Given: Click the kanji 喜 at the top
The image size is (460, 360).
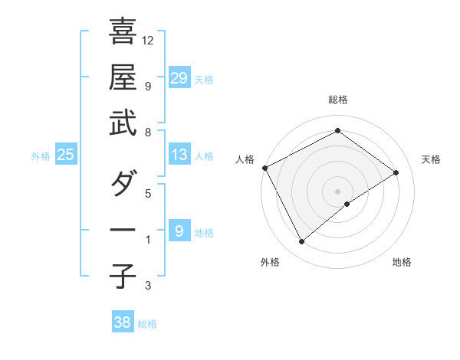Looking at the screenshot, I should point(123,32).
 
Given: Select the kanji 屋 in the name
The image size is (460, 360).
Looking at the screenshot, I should point(123,77).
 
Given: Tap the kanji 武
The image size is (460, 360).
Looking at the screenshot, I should point(123,124).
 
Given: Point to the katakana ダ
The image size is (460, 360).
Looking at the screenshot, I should point(123,184).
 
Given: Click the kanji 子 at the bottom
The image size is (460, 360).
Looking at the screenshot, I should point(123,276).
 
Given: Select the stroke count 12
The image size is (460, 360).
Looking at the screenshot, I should point(149,40).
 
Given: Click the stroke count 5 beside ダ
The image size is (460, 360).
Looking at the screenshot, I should point(149,193).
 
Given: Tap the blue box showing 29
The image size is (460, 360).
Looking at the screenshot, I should point(179,77).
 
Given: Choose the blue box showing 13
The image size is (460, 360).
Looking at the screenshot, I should point(179,155).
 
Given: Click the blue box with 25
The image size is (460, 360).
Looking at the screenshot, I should point(65,155).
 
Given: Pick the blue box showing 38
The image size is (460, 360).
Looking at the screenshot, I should point(122,322).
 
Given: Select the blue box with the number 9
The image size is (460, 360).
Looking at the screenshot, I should point(179,231).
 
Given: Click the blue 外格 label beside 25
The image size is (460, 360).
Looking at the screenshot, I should point(41,156).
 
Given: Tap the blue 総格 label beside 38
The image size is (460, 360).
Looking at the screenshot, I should point(147,324).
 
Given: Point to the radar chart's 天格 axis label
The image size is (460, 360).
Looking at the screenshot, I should point(432,159).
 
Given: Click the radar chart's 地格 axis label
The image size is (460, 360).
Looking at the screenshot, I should point(402,262).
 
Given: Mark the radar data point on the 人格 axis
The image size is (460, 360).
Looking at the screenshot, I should point(264,168).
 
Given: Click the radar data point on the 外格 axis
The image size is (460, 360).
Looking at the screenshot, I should point(301,242).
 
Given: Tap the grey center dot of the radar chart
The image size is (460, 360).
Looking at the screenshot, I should point(337,190).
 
